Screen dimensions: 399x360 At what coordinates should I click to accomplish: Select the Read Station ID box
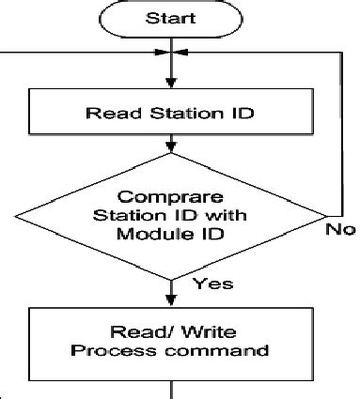tap(170, 114)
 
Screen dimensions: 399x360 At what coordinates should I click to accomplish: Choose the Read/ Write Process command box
tap(170, 342)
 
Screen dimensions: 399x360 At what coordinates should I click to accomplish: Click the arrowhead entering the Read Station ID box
tap(172, 82)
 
